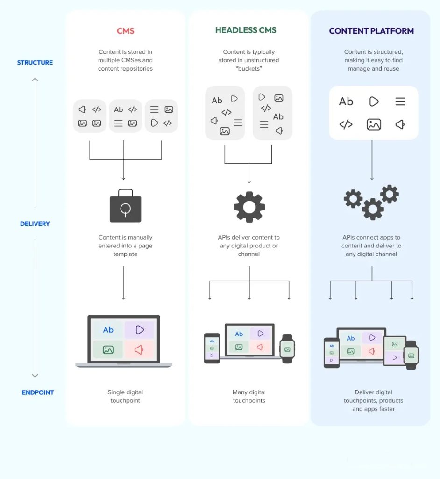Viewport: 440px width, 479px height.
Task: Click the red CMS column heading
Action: (125, 31)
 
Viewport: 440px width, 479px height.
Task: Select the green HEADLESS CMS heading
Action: (246, 30)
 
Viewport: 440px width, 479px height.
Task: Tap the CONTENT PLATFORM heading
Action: (371, 31)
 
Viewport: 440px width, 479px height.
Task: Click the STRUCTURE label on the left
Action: (35, 63)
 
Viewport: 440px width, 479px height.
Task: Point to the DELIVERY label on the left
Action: (35, 224)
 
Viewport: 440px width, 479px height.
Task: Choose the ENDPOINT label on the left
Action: (38, 392)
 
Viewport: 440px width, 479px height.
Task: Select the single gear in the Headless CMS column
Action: (249, 207)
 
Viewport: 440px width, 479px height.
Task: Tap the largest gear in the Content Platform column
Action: (372, 209)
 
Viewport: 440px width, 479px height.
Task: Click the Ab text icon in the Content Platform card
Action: (346, 102)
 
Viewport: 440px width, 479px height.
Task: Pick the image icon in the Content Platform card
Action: (374, 124)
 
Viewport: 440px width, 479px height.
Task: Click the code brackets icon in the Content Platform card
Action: (346, 124)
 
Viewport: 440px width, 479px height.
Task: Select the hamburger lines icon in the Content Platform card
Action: (400, 102)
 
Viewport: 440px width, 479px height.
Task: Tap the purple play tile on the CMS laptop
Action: (139, 330)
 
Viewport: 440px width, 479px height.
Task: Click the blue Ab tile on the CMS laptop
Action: (108, 330)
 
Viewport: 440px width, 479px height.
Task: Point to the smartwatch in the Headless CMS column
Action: (287, 349)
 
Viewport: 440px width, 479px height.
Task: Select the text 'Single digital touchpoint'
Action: (125, 397)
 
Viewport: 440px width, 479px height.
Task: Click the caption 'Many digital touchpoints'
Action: (249, 397)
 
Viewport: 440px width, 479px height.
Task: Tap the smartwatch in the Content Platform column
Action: (411, 355)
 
